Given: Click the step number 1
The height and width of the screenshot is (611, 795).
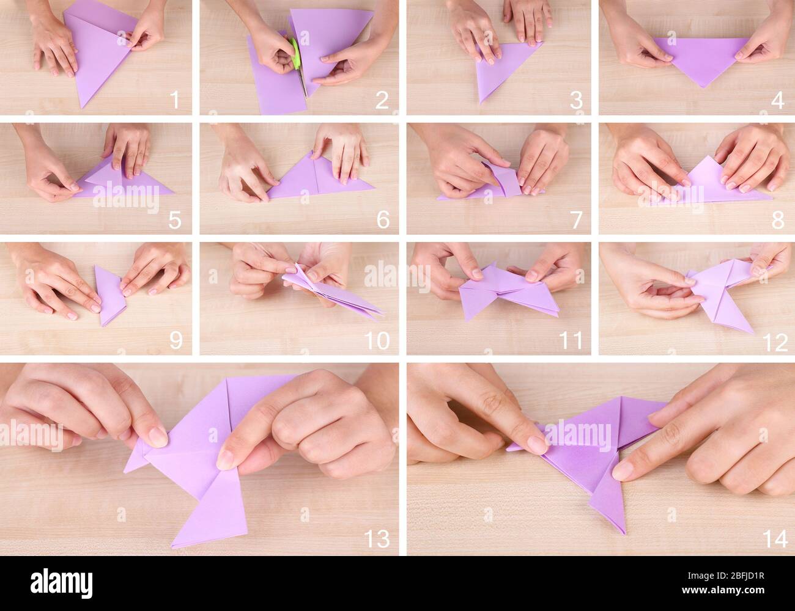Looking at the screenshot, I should (x=175, y=100).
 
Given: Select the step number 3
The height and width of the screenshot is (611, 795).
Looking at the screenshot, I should (x=576, y=100).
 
